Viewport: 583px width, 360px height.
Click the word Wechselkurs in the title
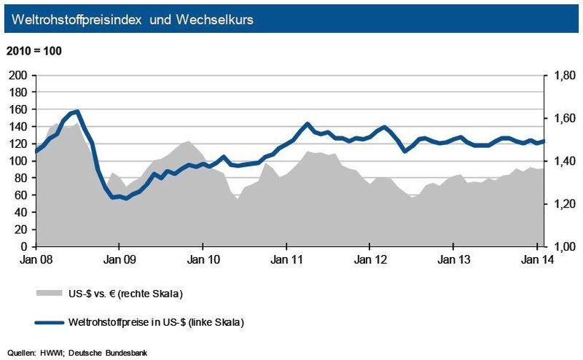(x=211, y=20)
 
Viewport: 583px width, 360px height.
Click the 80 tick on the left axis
(x=20, y=178)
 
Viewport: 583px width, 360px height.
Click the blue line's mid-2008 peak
(x=77, y=111)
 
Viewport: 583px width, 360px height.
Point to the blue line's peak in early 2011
(x=308, y=124)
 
